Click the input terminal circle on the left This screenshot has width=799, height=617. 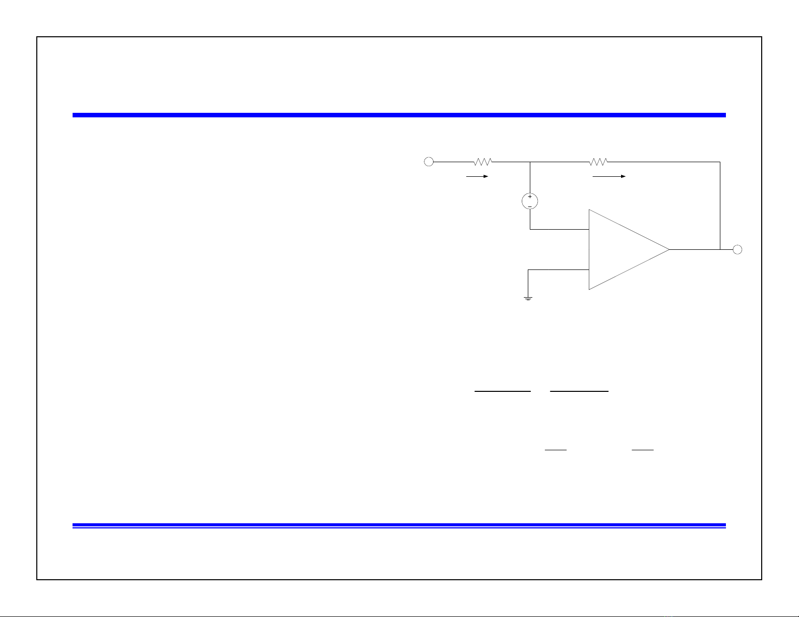click(x=428, y=162)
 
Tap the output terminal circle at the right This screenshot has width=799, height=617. click(x=737, y=249)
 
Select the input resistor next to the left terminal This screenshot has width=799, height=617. click(x=482, y=162)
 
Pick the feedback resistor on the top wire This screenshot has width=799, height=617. click(x=598, y=162)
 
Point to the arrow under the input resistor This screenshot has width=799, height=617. click(x=477, y=177)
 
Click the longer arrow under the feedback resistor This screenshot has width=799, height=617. click(x=609, y=177)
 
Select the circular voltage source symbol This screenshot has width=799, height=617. click(x=530, y=201)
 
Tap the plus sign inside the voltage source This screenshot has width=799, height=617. click(x=530, y=197)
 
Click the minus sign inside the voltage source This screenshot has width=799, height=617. click(x=530, y=205)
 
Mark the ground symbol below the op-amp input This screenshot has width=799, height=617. click(x=528, y=298)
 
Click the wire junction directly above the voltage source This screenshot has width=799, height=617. click(x=530, y=162)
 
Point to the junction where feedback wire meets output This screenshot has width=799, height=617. click(x=720, y=249)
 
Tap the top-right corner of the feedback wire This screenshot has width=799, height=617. click(x=720, y=162)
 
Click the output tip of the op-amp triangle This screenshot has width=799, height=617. click(x=669, y=249)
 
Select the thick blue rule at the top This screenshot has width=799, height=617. click(x=399, y=115)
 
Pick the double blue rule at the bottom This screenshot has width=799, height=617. click(x=399, y=526)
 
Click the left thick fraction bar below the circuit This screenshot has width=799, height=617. click(x=503, y=391)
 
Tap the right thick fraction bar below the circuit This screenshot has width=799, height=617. click(x=579, y=391)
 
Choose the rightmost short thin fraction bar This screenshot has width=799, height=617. click(x=642, y=449)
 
